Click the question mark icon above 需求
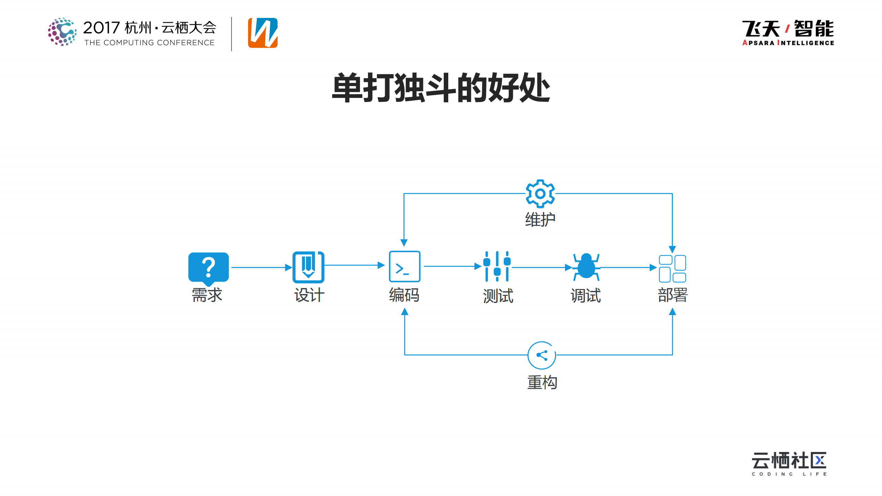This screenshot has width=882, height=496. pyautogui.click(x=208, y=268)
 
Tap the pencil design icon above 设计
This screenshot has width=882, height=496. pyautogui.click(x=308, y=267)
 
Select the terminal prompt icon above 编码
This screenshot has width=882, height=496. pyautogui.click(x=404, y=267)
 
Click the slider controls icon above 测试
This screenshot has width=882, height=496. pyautogui.click(x=497, y=267)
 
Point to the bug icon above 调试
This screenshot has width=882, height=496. pyautogui.click(x=586, y=267)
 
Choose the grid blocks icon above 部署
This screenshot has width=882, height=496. pyautogui.click(x=672, y=268)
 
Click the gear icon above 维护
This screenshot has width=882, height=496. pyautogui.click(x=540, y=194)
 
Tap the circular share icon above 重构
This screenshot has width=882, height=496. pyautogui.click(x=542, y=355)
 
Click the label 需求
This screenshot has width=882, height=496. pyautogui.click(x=207, y=295)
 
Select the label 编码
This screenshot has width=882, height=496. pyautogui.click(x=404, y=295)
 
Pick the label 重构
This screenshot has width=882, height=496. pyautogui.click(x=542, y=383)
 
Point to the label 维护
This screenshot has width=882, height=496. pyautogui.click(x=540, y=220)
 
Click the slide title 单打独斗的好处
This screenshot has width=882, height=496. pyautogui.click(x=441, y=88)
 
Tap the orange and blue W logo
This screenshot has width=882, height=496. pyautogui.click(x=263, y=33)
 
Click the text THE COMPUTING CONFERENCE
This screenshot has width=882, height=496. pyautogui.click(x=150, y=43)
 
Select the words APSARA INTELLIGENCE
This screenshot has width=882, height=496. pyautogui.click(x=788, y=43)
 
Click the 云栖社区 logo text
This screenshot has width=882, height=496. pyautogui.click(x=789, y=461)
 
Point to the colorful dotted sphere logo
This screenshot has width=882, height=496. pyautogui.click(x=62, y=32)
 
